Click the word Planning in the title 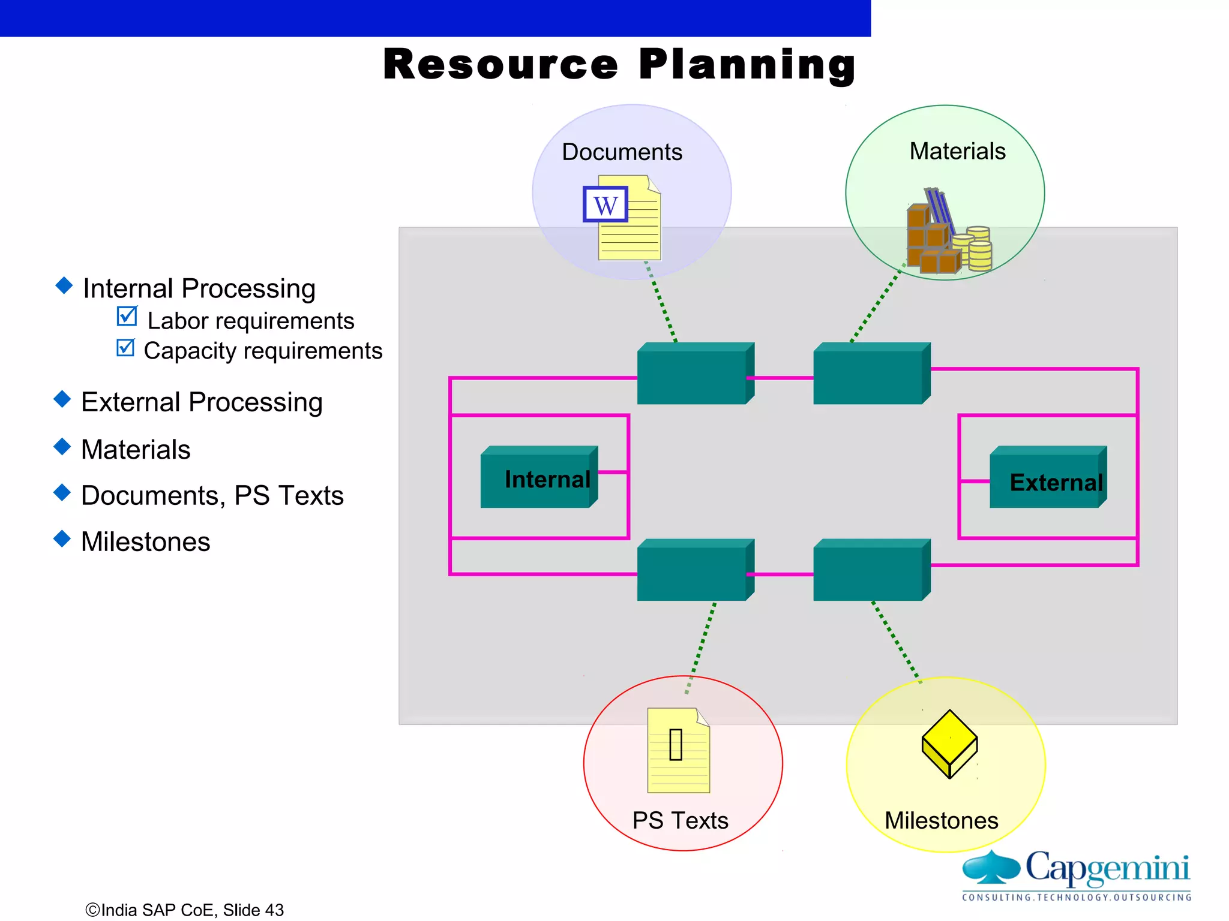point(747,65)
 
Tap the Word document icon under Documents point(623,217)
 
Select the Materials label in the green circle point(957,151)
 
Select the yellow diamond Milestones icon point(949,744)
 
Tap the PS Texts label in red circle point(680,820)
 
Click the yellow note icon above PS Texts point(678,750)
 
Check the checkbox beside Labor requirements point(127,316)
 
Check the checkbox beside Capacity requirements point(125,347)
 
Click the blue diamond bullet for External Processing point(62,399)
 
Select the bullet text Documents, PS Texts point(212,495)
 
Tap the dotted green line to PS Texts point(701,648)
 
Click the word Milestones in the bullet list point(145,541)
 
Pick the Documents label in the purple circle point(622,152)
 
